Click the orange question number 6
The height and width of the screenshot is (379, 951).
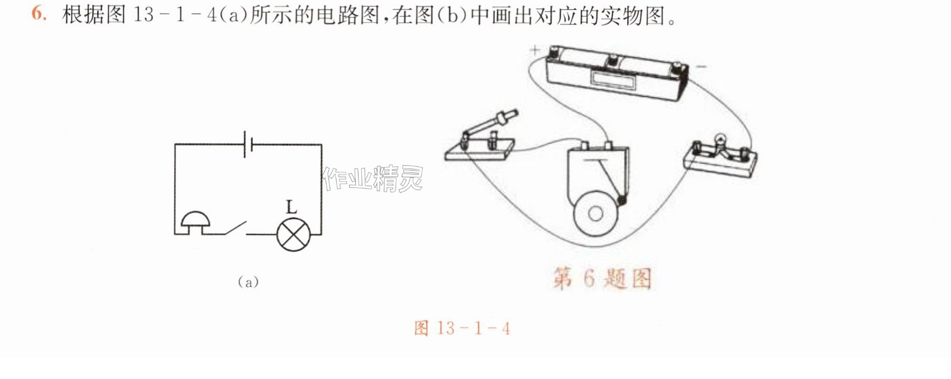39,14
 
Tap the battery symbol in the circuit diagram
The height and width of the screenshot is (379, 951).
248,144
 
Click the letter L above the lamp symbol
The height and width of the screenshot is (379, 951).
291,207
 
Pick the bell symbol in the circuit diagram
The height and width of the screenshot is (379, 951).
195,223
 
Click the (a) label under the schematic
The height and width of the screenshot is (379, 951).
248,282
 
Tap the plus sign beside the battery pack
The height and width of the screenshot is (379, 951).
535,50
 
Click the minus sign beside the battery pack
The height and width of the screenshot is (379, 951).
701,67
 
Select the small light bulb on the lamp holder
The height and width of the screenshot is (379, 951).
719,140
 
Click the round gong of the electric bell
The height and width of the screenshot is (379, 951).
596,214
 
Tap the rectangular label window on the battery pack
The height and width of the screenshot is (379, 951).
613,79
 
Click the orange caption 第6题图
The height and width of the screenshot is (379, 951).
602,278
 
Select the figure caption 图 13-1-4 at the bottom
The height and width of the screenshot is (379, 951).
462,328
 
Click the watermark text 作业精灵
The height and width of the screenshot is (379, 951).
373,178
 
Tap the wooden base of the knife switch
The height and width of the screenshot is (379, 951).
480,150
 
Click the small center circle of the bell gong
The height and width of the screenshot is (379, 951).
596,214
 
